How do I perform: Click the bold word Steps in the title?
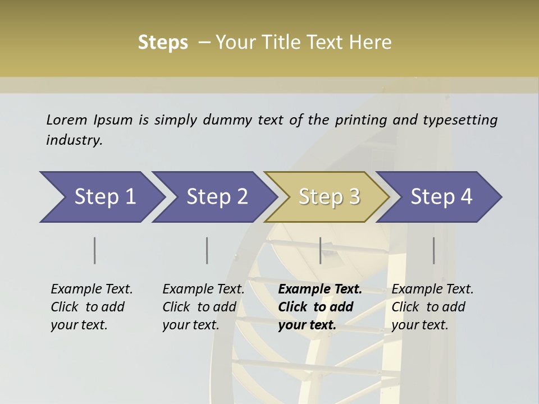163,43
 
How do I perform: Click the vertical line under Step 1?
95,250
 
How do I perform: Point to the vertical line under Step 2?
207,250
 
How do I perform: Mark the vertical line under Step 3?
321,250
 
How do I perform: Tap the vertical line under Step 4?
434,250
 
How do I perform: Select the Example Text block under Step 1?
92,307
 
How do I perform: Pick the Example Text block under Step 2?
203,307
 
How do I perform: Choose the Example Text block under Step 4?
432,307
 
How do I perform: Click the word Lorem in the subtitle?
66,120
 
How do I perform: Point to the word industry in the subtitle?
74,140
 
